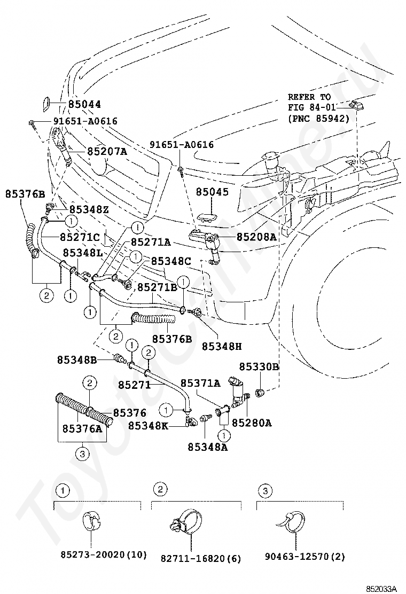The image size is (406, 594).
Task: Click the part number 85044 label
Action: [x=84, y=104]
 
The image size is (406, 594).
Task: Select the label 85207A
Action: [x=107, y=152]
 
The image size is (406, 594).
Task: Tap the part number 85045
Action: [x=212, y=192]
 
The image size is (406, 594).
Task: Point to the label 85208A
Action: [x=256, y=237]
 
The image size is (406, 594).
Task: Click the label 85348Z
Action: [x=89, y=209]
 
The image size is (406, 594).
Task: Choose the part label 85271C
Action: [x=80, y=238]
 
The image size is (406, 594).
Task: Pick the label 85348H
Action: [x=222, y=346]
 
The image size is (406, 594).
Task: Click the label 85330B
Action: [x=259, y=366]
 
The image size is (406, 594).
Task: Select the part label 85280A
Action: [x=252, y=423]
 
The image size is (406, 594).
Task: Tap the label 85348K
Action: [x=148, y=426]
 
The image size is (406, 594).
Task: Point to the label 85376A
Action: [x=82, y=428]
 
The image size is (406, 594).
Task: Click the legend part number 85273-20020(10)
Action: [x=104, y=555]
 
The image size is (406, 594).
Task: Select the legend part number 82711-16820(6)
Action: [x=201, y=558]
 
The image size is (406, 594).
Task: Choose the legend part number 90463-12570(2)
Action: [x=305, y=557]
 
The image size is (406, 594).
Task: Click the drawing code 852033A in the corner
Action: [x=381, y=588]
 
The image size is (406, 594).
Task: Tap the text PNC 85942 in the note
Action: [x=318, y=119]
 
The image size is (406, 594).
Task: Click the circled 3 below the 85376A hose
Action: [x=83, y=453]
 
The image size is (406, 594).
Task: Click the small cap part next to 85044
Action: [x=45, y=104]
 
